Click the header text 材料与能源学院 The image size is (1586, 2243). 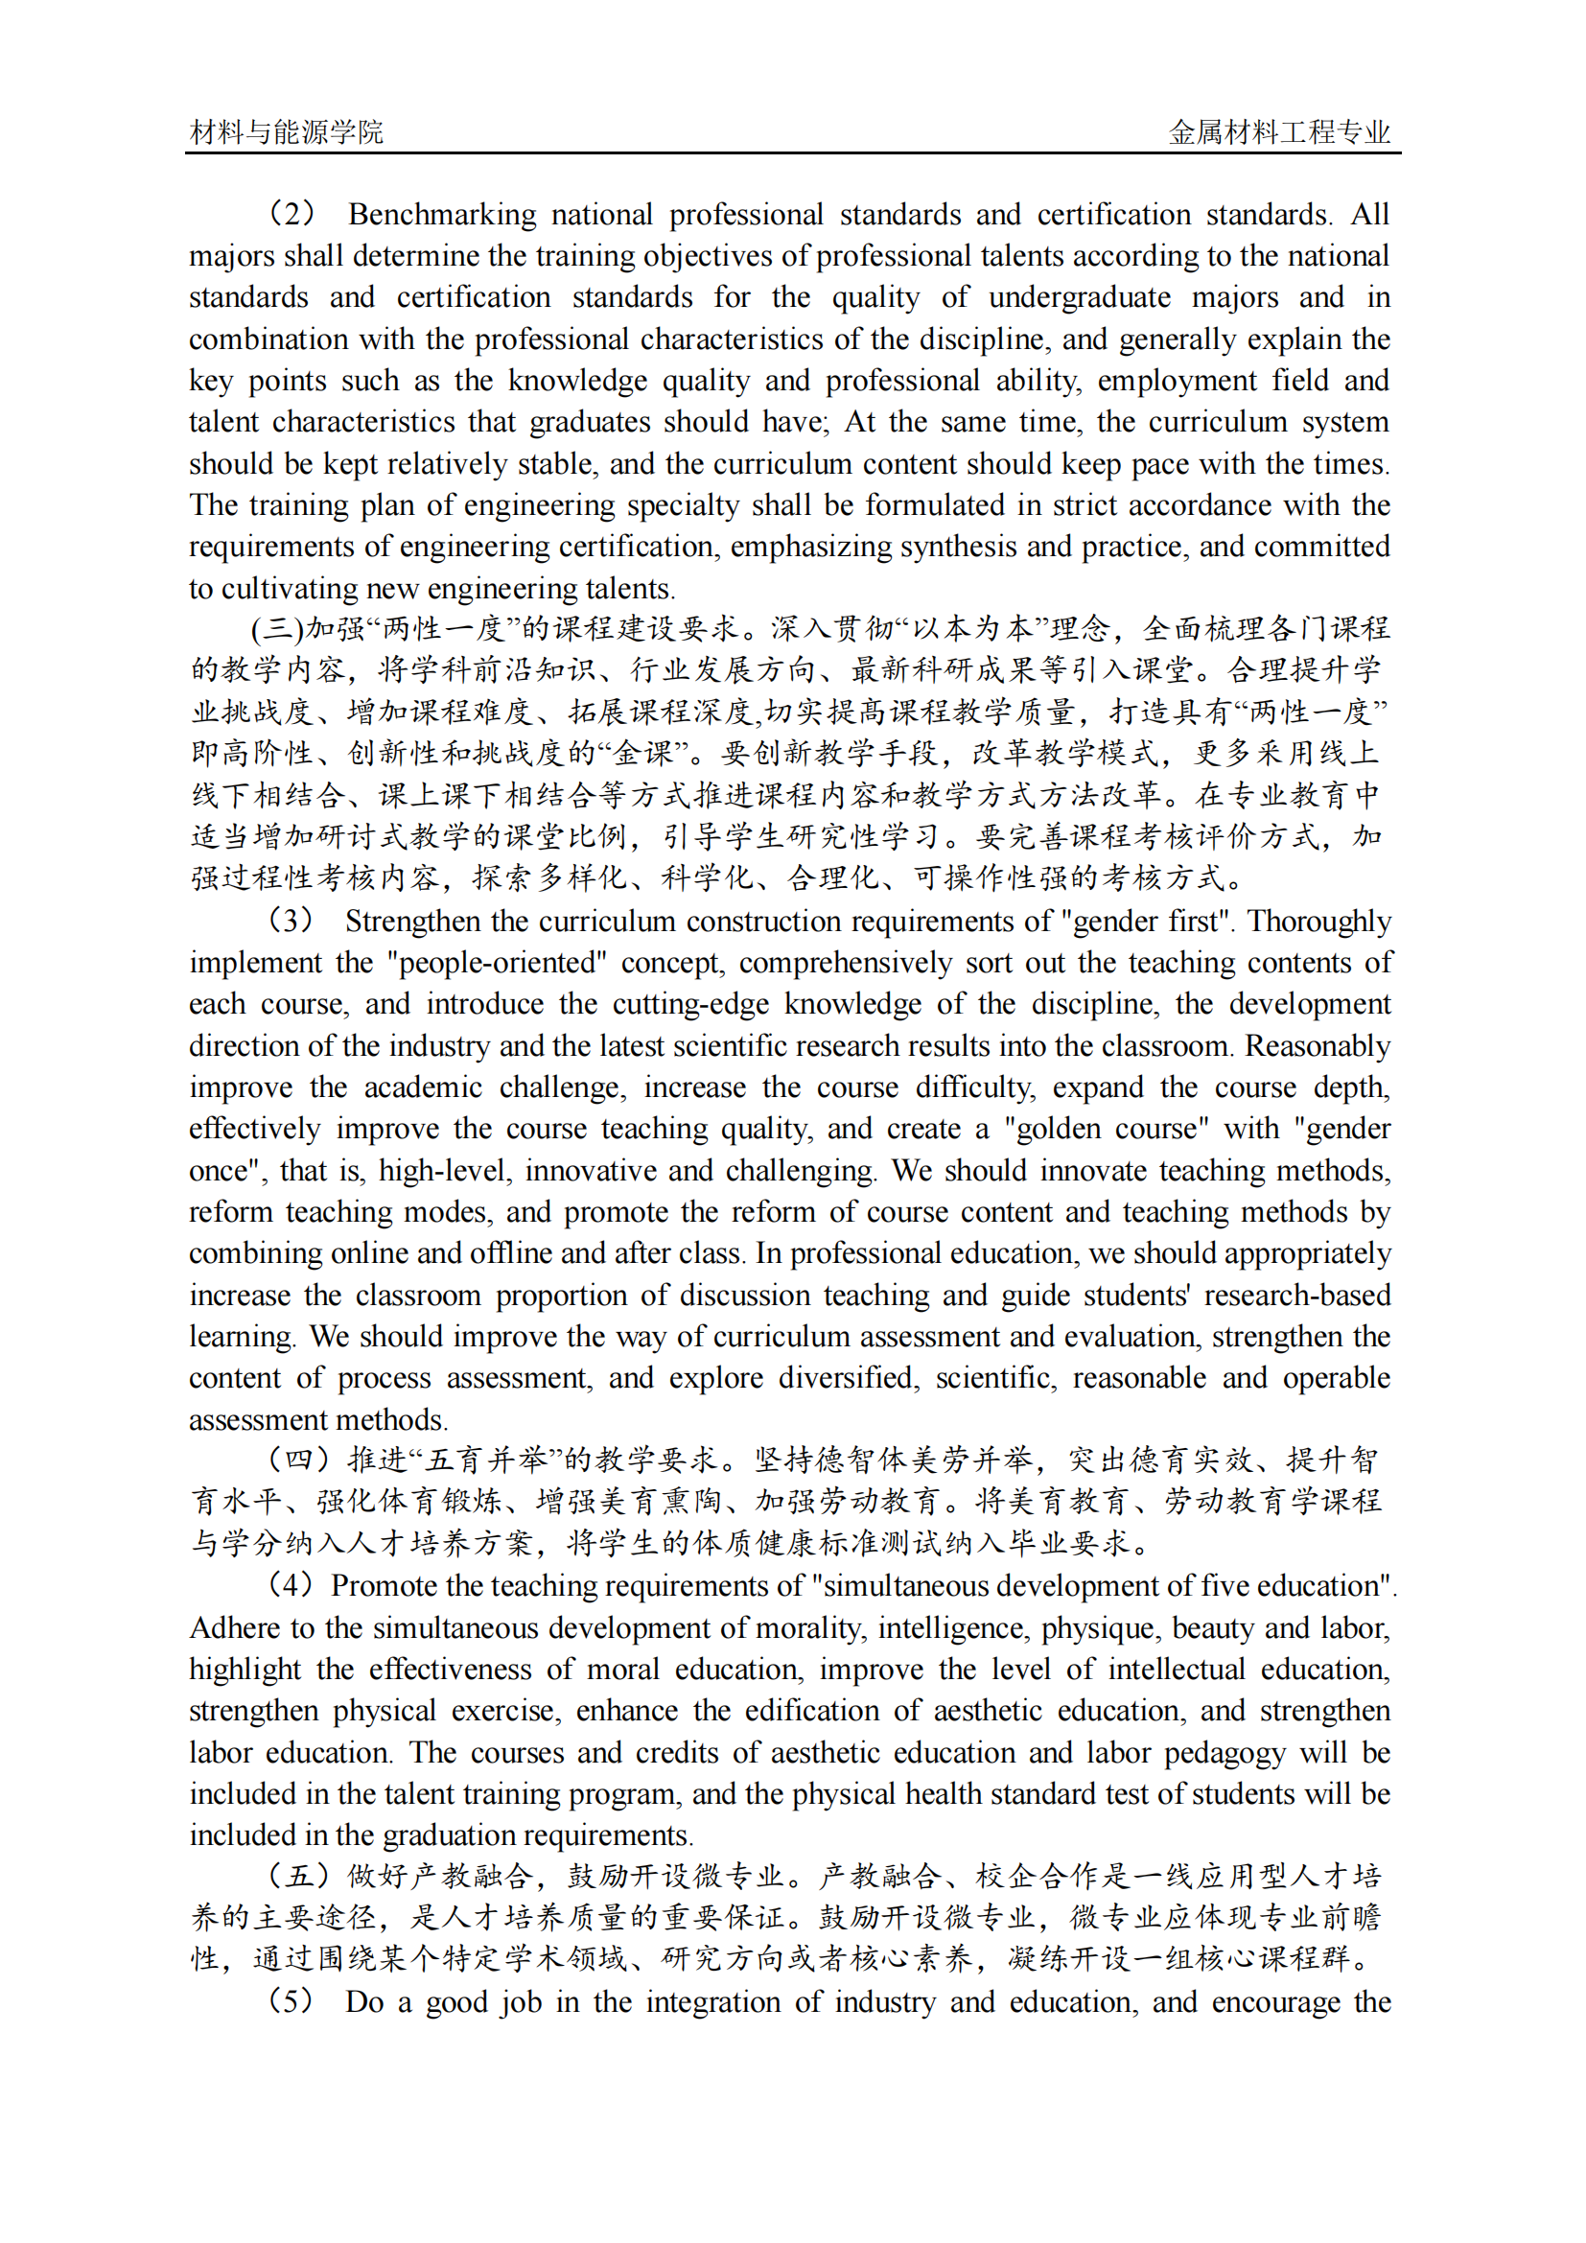[x=286, y=132]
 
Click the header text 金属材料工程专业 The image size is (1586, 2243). [x=1279, y=132]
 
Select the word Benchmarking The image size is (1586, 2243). [x=441, y=214]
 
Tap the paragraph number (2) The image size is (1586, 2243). [x=292, y=213]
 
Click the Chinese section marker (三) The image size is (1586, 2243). [x=277, y=628]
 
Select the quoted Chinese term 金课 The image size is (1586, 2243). [x=644, y=753]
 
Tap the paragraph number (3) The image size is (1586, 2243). [x=292, y=921]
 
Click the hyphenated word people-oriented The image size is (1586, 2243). [x=497, y=962]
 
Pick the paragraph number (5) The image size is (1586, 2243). [x=292, y=2001]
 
